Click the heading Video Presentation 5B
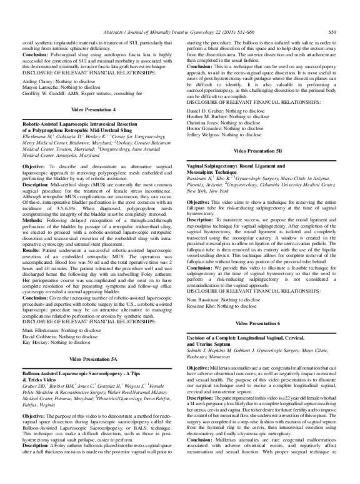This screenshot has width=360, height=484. click(x=262, y=152)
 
